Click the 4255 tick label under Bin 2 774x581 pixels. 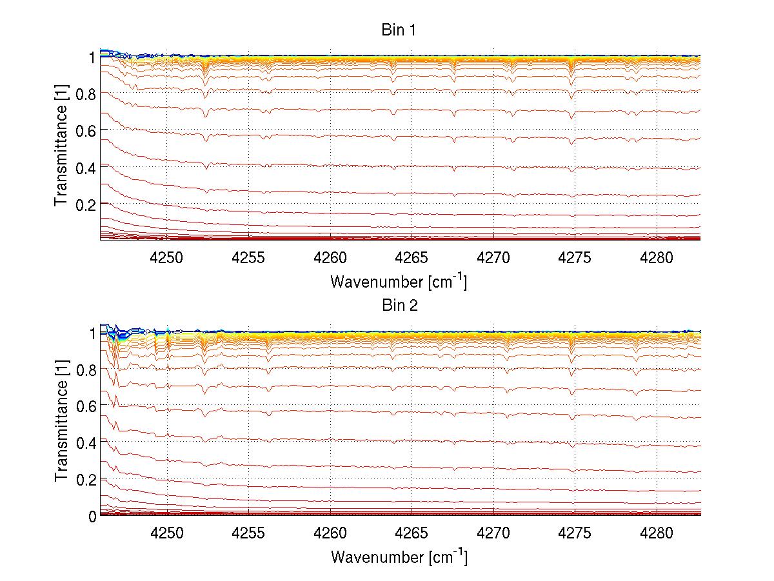click(x=248, y=535)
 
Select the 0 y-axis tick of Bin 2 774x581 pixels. click(x=92, y=517)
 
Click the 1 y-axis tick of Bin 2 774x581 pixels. click(x=92, y=333)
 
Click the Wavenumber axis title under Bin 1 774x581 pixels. click(x=399, y=282)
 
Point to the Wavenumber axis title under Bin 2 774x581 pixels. click(x=399, y=557)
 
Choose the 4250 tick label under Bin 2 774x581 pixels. click(x=167, y=535)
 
